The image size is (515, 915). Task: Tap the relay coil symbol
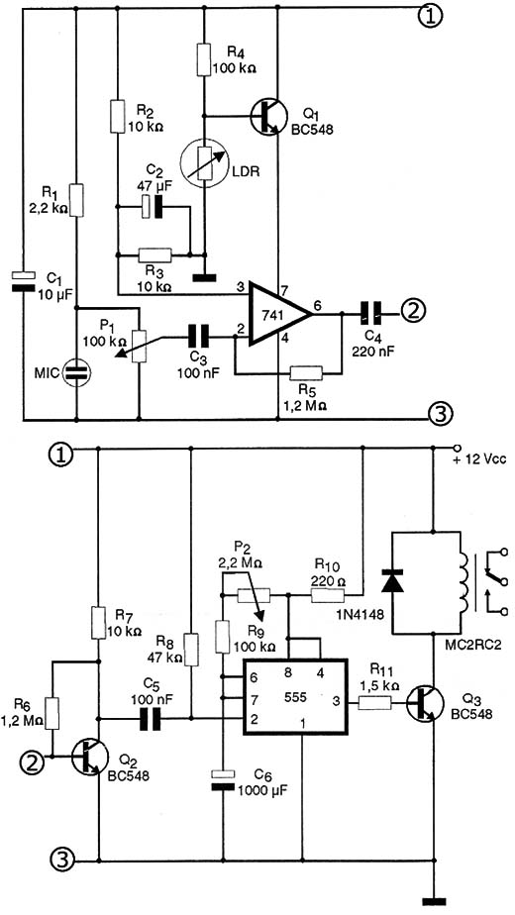click(x=464, y=582)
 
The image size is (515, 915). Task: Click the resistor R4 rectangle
click(x=204, y=59)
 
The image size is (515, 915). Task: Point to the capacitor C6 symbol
click(x=223, y=780)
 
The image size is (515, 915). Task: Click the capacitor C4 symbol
click(x=370, y=315)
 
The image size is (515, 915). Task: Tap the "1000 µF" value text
click(x=261, y=791)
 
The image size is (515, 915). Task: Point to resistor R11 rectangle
click(x=374, y=704)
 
